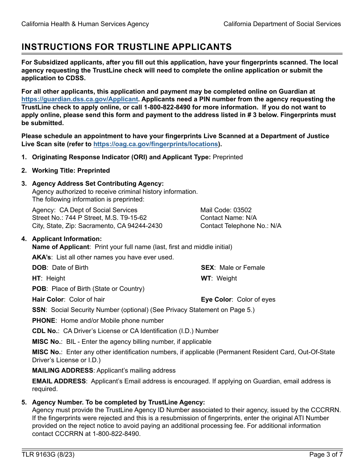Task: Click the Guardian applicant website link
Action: point(80,99)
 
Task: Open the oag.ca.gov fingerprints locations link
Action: point(156,144)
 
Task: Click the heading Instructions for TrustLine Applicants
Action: point(126,47)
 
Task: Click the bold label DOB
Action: point(39,267)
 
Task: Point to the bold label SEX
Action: point(207,267)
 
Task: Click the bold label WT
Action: point(206,278)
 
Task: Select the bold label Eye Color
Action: point(216,299)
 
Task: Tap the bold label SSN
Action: point(39,310)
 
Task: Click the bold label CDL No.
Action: point(45,331)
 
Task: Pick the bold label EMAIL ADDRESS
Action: point(59,381)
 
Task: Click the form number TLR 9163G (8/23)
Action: point(48,455)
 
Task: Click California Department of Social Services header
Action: point(282,24)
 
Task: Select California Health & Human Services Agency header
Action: point(85,24)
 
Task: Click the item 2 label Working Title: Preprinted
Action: point(71,170)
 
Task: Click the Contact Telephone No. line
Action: point(241,226)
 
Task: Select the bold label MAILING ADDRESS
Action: point(62,370)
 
